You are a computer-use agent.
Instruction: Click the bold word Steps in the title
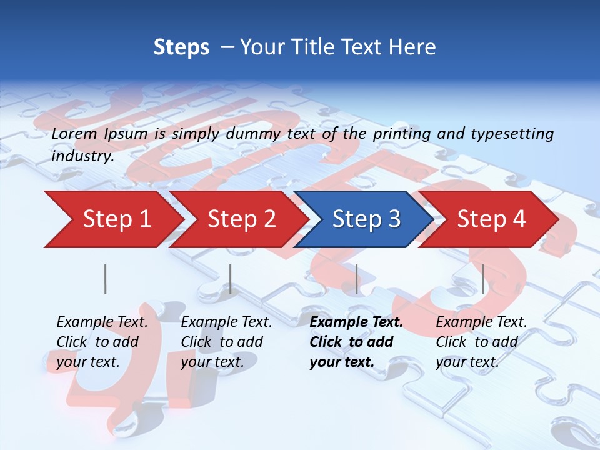click(181, 47)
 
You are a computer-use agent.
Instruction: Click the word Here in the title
click(412, 47)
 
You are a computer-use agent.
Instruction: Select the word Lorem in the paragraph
click(74, 133)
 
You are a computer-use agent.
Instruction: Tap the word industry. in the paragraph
click(82, 156)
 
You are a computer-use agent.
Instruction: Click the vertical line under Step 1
click(106, 279)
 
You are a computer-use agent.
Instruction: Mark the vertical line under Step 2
click(231, 279)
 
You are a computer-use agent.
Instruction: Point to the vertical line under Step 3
click(357, 279)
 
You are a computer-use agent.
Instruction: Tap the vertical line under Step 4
click(483, 279)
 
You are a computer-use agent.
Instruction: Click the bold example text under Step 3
click(356, 342)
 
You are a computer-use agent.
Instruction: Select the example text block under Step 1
click(101, 342)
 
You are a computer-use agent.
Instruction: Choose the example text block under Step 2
click(226, 342)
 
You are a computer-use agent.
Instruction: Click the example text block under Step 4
click(481, 342)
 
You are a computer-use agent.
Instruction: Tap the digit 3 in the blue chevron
click(393, 219)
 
